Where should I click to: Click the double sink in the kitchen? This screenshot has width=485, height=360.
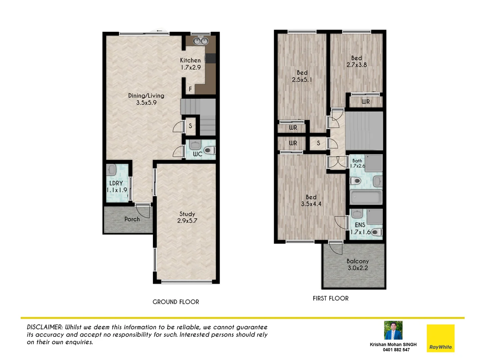pyautogui.click(x=201, y=41)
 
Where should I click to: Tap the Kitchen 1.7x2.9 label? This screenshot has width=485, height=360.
pyautogui.click(x=191, y=64)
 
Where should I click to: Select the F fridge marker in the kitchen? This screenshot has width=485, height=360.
pyautogui.click(x=190, y=89)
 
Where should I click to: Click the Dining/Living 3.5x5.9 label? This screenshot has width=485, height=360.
pyautogui.click(x=146, y=99)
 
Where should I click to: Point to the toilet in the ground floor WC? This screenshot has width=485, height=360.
pyautogui.click(x=209, y=150)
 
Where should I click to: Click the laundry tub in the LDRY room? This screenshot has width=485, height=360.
pyautogui.click(x=112, y=170)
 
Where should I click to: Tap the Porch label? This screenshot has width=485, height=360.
pyautogui.click(x=132, y=219)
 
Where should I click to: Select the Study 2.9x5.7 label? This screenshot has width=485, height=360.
pyautogui.click(x=187, y=217)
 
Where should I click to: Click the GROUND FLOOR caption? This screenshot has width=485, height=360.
pyautogui.click(x=176, y=302)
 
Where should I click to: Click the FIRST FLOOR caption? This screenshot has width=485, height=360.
pyautogui.click(x=330, y=298)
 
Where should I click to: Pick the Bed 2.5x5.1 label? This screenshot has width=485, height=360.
pyautogui.click(x=302, y=76)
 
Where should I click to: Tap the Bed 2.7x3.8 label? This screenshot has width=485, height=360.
pyautogui.click(x=356, y=61)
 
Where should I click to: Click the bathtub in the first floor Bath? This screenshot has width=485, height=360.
pyautogui.click(x=366, y=197)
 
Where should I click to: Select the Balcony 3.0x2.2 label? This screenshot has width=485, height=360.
pyautogui.click(x=357, y=264)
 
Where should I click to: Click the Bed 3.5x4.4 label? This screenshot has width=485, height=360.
pyautogui.click(x=311, y=200)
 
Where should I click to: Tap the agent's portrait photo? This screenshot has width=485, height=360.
pyautogui.click(x=393, y=330)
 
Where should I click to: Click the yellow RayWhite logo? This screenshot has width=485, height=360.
pyautogui.click(x=440, y=338)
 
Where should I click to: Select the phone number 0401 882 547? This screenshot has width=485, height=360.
pyautogui.click(x=396, y=350)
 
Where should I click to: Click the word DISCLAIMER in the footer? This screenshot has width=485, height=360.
pyautogui.click(x=44, y=327)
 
